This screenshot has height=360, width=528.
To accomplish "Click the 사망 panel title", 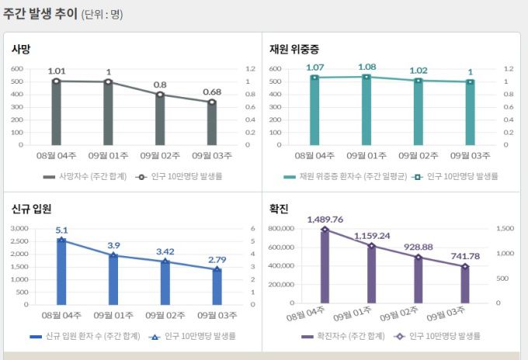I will click(21, 48).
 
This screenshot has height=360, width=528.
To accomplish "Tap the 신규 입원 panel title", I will click(31, 209).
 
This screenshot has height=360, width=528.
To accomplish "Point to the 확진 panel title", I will click(280, 209).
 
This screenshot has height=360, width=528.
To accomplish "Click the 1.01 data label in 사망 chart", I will click(57, 71).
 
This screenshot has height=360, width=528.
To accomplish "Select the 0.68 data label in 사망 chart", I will click(212, 92).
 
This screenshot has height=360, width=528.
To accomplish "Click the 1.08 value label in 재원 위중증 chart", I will click(366, 67).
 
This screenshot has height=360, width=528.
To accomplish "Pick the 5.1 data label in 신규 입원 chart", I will click(62, 230).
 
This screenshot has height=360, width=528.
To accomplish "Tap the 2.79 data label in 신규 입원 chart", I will click(217, 259).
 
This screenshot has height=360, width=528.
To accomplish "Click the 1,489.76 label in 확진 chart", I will click(325, 219).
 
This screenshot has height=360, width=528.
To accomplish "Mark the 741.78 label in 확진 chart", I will click(464, 256).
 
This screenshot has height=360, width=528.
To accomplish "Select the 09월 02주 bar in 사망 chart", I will click(160, 119).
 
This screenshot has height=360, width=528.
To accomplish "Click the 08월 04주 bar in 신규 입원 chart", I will click(61, 272).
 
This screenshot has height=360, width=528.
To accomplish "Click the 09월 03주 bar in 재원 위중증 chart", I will click(470, 113).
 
